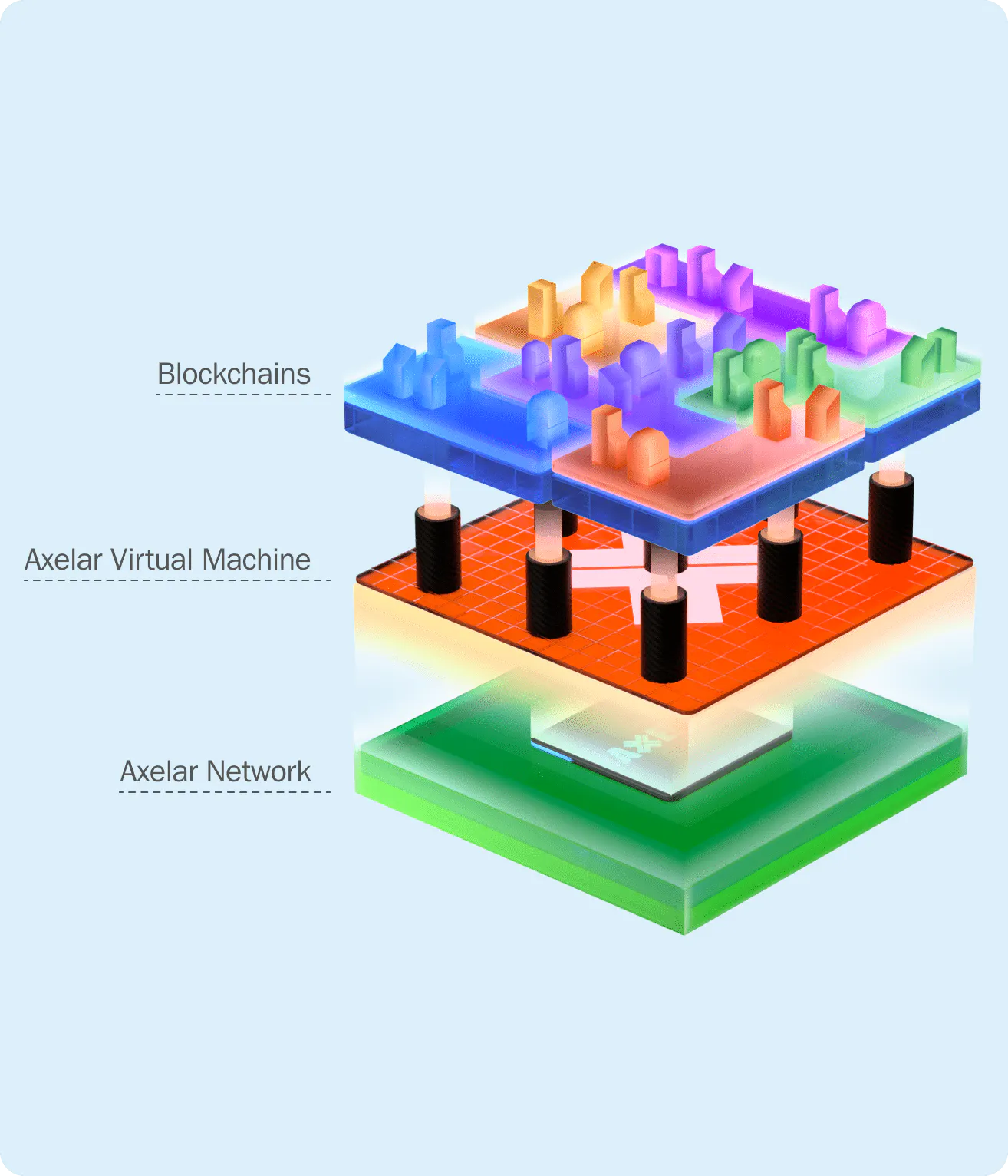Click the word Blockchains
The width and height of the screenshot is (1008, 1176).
[234, 374]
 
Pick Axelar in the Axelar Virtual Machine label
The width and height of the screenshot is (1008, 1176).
[64, 560]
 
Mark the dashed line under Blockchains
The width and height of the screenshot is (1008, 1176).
[242, 395]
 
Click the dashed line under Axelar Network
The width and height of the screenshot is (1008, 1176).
[224, 791]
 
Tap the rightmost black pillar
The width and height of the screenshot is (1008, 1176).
[891, 517]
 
